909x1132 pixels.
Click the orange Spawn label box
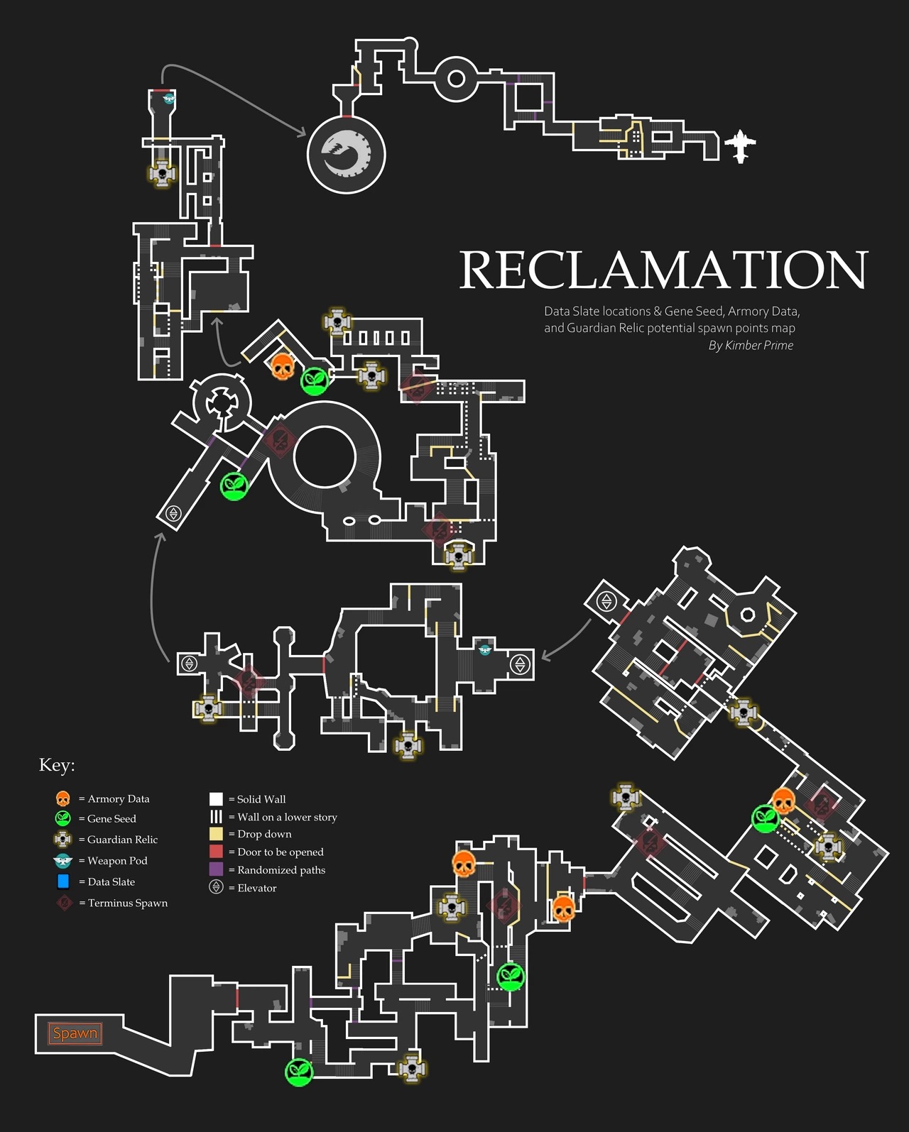(75, 1033)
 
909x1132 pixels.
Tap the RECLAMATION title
(664, 270)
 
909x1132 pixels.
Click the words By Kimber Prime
(751, 346)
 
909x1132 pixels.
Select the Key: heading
(57, 765)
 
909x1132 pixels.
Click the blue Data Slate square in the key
(63, 881)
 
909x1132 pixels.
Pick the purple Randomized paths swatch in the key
(216, 869)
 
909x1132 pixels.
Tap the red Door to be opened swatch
(216, 851)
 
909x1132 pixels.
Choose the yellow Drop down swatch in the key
(216, 834)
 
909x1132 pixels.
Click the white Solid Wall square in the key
(216, 799)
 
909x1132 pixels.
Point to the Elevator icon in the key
(216, 887)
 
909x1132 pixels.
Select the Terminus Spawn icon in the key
(64, 903)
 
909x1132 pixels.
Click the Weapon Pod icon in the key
(62, 861)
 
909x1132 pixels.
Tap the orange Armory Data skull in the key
(62, 798)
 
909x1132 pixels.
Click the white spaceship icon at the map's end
(741, 146)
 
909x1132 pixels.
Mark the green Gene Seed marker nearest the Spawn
(299, 1072)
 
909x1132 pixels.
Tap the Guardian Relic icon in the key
(62, 839)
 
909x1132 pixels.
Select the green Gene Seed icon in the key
(62, 818)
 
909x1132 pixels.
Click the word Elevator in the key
(257, 888)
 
